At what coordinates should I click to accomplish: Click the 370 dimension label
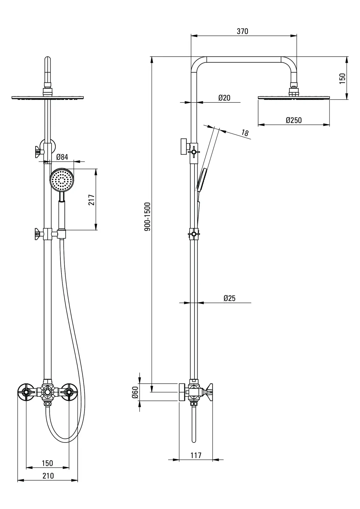tap(242, 31)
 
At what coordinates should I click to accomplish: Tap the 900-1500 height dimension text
tap(147, 217)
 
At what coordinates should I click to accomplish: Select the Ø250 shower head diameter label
tap(293, 120)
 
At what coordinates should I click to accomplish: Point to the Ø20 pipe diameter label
tap(224, 98)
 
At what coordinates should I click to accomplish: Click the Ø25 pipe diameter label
tap(229, 298)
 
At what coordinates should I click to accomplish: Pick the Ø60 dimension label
tap(135, 392)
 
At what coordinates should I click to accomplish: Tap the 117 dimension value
tap(196, 455)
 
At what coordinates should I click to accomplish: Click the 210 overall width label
tap(48, 476)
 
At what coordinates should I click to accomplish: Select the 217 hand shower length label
tap(92, 200)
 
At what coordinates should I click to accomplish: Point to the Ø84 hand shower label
tap(62, 157)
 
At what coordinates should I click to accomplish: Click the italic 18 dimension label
tap(244, 133)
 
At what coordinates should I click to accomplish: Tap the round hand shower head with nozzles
tap(62, 180)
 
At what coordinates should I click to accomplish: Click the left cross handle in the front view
tap(26, 393)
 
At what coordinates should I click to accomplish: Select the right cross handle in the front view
tap(69, 393)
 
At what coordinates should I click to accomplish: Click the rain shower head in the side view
tap(293, 97)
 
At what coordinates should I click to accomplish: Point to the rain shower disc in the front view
tap(48, 97)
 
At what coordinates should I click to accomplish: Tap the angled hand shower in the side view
tap(202, 179)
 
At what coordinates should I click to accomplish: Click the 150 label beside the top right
tap(342, 78)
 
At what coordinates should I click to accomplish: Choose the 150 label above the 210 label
tap(47, 463)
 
